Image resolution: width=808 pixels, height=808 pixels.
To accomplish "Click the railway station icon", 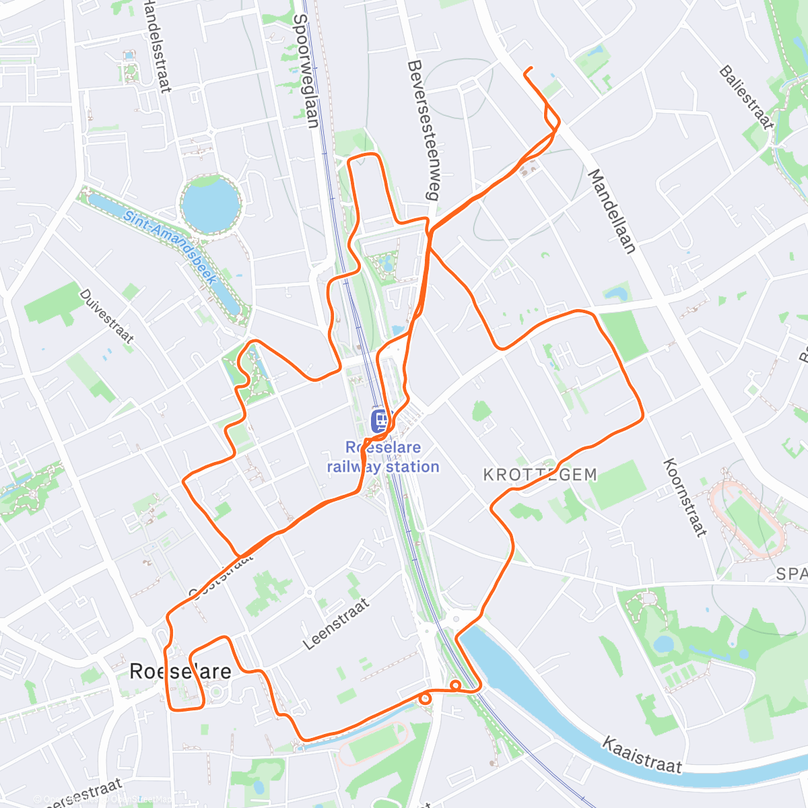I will click(380, 422).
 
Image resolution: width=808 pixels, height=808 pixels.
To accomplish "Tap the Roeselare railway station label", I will click(383, 457).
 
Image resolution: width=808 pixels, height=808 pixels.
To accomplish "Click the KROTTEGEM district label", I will click(540, 475).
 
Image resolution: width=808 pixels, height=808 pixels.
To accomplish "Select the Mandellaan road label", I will click(612, 211).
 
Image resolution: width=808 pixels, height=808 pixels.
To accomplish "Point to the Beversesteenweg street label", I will click(422, 131).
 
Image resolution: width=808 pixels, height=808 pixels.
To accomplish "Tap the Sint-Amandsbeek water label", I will click(170, 245).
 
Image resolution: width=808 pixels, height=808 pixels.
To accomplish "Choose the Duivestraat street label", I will click(106, 316).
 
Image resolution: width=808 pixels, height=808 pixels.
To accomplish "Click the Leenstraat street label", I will click(336, 624).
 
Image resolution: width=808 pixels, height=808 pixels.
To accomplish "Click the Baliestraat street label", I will click(745, 97).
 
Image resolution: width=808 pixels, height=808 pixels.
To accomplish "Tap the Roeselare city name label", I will click(180, 671).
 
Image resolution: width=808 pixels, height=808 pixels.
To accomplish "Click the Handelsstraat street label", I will click(157, 44).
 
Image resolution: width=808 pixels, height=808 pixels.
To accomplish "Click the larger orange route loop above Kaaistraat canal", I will click(455, 685).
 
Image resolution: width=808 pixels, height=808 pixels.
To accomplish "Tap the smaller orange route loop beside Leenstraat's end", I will click(425, 698).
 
